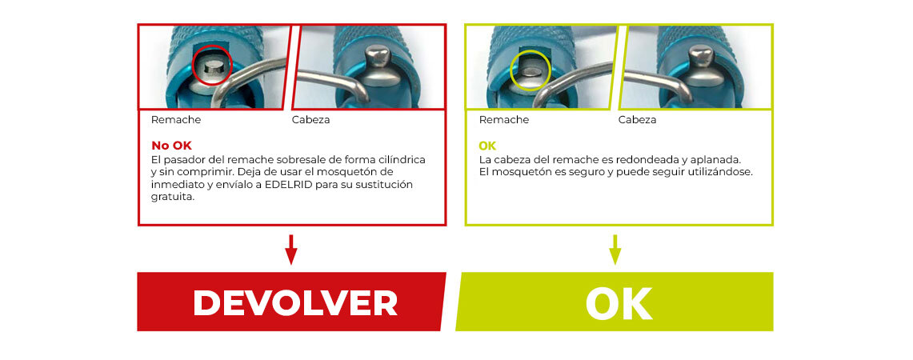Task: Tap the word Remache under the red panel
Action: coord(176,120)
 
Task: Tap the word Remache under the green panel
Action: coord(503,120)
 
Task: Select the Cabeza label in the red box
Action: coord(311,120)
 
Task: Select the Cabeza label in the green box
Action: coord(637,120)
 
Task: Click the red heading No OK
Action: coord(171,146)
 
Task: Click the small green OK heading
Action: coord(487,146)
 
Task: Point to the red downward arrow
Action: coord(291,250)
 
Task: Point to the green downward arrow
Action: coord(615,250)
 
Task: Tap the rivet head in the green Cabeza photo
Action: coord(700,57)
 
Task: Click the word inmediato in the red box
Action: coord(174,185)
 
